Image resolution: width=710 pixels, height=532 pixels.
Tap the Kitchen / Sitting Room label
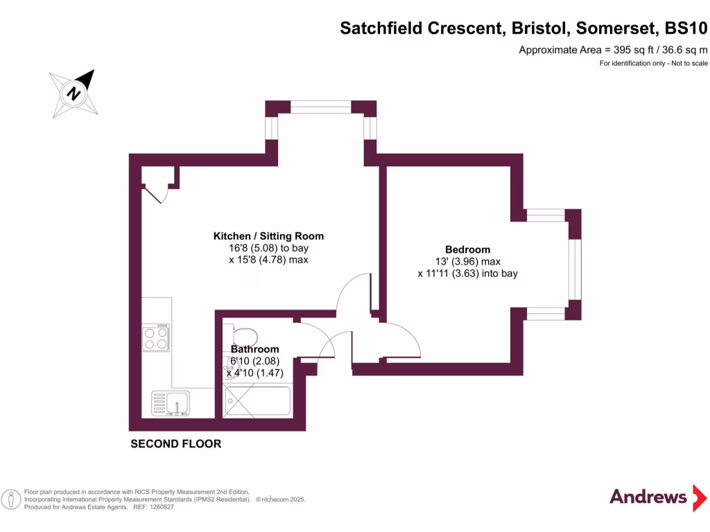(268, 236)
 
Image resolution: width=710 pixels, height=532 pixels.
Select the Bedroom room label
(467, 249)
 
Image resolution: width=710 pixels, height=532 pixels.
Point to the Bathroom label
(255, 349)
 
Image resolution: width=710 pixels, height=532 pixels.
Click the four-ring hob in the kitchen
(155, 337)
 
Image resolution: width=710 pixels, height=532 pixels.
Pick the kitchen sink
(171, 402)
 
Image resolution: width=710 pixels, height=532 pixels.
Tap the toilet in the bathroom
(245, 337)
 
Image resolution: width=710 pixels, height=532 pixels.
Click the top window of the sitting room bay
(320, 107)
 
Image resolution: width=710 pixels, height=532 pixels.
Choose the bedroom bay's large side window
(573, 264)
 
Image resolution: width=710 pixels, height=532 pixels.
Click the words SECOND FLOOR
(176, 444)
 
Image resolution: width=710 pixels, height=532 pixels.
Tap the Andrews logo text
(648, 496)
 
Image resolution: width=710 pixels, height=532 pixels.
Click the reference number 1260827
(158, 507)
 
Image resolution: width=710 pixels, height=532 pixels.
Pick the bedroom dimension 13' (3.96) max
(467, 262)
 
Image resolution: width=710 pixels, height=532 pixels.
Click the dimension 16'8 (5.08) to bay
(268, 248)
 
